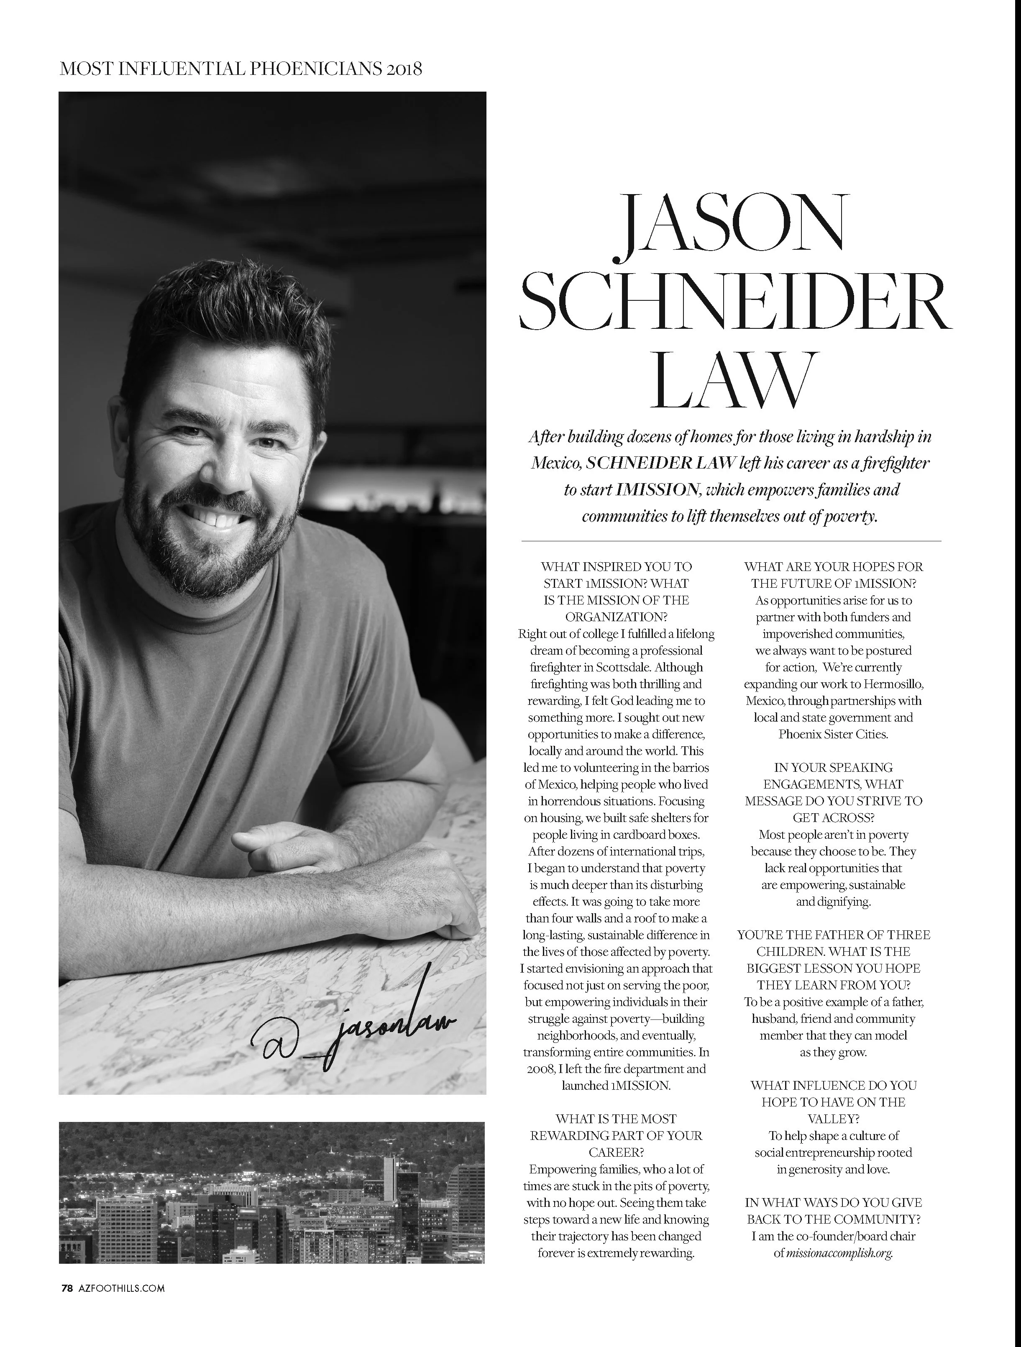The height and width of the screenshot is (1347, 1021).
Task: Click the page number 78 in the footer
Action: (x=67, y=1288)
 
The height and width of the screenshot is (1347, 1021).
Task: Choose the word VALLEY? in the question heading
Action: (x=833, y=1119)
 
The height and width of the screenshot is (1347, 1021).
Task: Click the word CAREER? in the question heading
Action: (x=616, y=1152)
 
